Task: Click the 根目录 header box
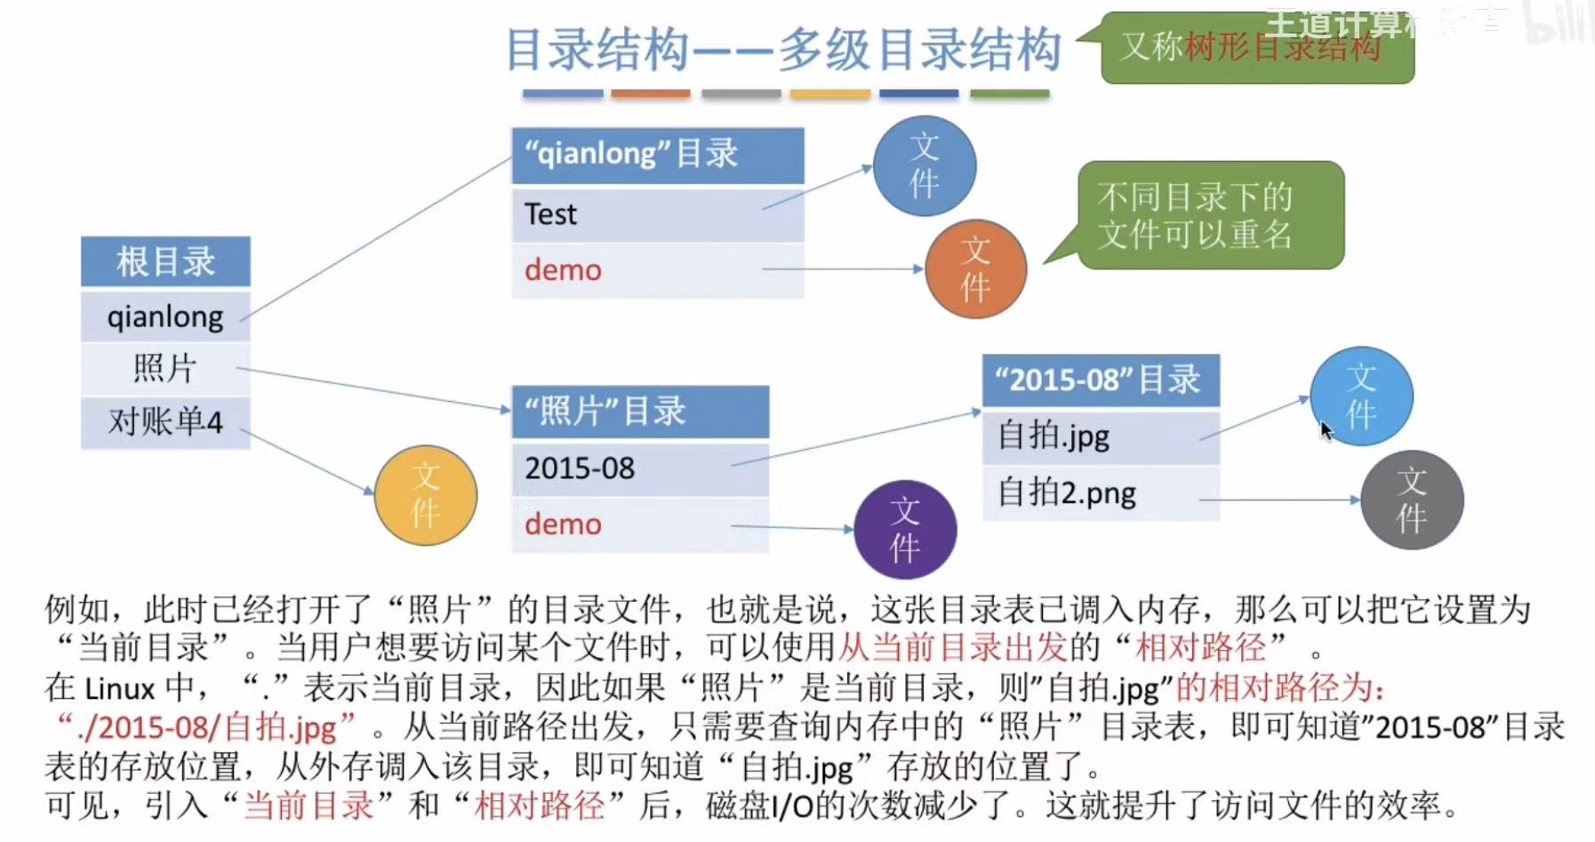tap(165, 261)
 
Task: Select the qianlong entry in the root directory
tap(165, 317)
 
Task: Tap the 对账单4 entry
tap(165, 421)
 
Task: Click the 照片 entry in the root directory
tap(165, 368)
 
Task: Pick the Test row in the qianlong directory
tap(657, 214)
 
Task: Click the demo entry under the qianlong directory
tap(657, 270)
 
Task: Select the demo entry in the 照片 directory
tap(639, 525)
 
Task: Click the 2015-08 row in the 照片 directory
tap(639, 469)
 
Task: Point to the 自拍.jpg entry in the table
tap(1100, 437)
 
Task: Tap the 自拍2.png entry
tap(1100, 493)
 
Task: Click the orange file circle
tap(975, 269)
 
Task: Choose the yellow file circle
tap(425, 495)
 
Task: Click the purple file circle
tap(904, 529)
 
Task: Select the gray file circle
tap(1411, 500)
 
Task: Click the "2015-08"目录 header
tap(1100, 381)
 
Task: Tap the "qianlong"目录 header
tap(657, 155)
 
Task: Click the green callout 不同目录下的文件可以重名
tap(1210, 215)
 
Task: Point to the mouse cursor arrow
tap(1326, 430)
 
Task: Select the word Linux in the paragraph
tap(121, 689)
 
